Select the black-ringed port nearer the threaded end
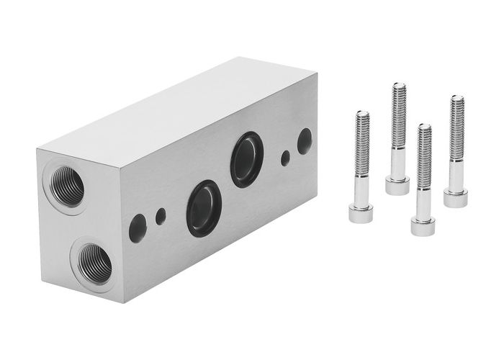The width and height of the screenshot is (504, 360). click(x=203, y=208)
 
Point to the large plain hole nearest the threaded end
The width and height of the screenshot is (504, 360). click(x=138, y=228)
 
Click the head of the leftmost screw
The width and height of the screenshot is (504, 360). click(x=361, y=212)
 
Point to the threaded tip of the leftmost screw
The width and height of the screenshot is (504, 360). click(x=362, y=115)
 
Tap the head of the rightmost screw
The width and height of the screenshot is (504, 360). click(x=455, y=197)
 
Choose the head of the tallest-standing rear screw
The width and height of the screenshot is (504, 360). click(x=397, y=184)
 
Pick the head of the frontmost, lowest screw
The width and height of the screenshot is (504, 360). click(x=423, y=225)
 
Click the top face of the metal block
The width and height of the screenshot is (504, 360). click(x=180, y=108)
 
